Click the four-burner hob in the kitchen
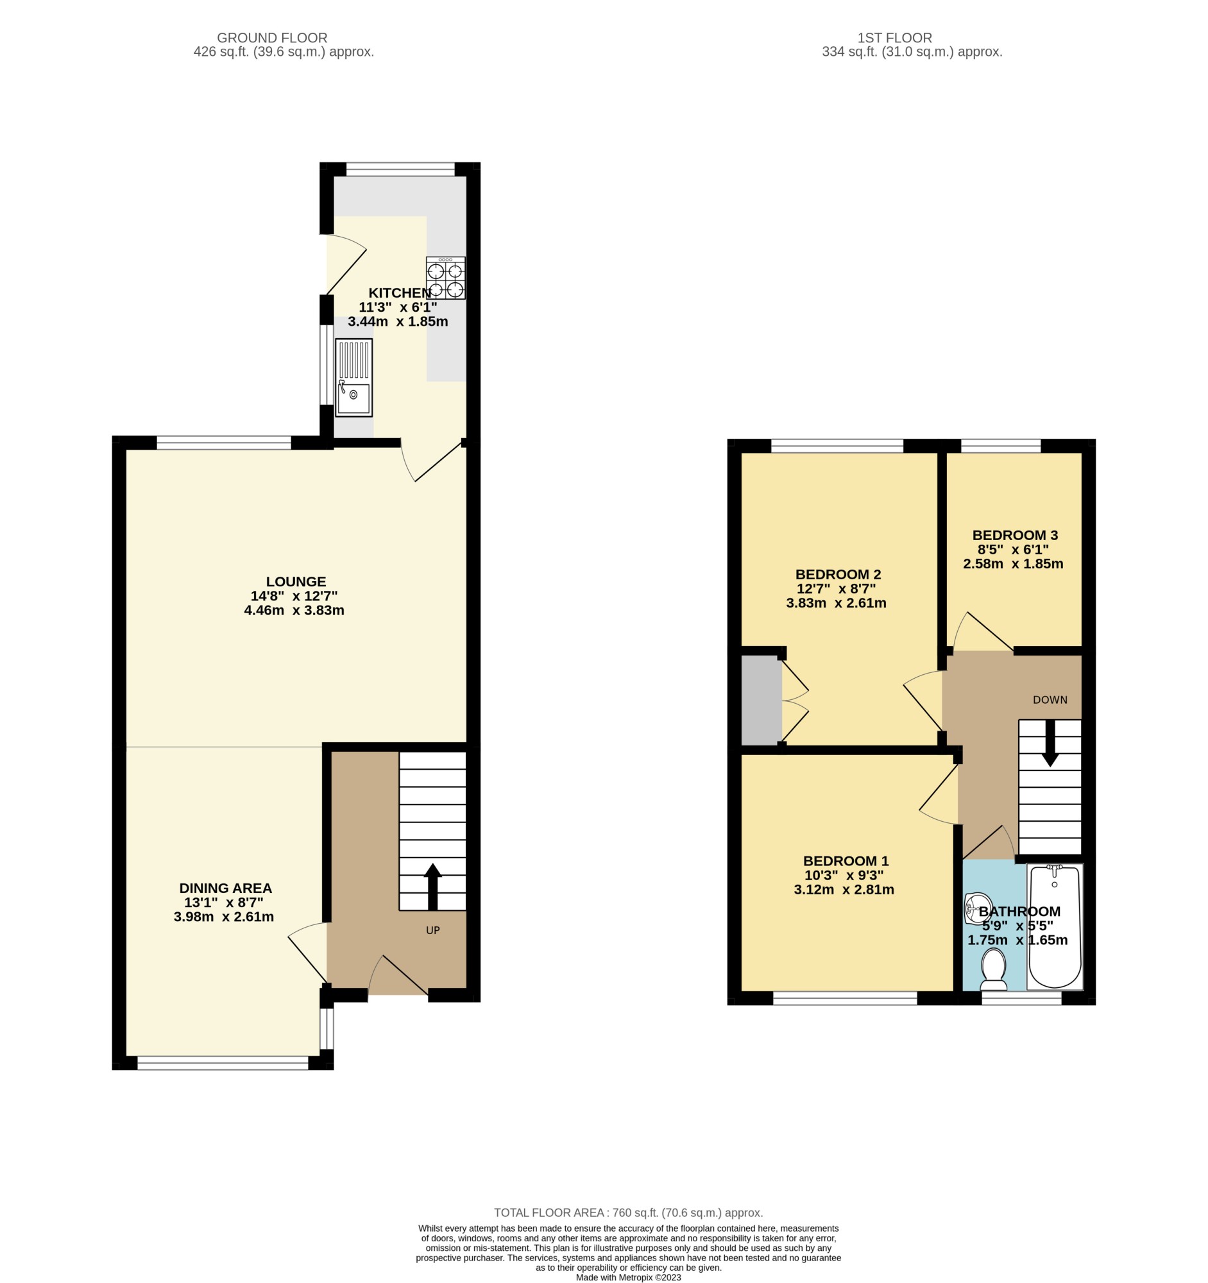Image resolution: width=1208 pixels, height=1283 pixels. [445, 278]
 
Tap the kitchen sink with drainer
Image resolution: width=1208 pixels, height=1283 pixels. [353, 378]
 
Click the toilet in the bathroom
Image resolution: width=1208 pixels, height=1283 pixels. [993, 971]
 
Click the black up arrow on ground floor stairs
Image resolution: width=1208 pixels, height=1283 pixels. [432, 886]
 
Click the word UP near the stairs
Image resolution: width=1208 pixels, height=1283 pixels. [433, 930]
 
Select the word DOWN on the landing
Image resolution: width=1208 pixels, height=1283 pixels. [1050, 700]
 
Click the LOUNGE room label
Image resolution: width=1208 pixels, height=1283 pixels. [296, 581]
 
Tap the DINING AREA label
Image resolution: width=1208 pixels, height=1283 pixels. [225, 888]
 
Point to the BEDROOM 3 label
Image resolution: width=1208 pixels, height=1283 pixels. [1015, 535]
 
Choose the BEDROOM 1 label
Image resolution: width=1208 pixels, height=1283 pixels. [846, 861]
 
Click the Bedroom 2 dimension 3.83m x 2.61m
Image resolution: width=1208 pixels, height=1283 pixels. [837, 604]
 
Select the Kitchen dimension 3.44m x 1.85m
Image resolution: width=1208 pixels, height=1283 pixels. [398, 321]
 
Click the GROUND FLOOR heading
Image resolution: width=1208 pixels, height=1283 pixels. [272, 38]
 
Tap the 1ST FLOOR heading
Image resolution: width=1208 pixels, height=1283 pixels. [894, 38]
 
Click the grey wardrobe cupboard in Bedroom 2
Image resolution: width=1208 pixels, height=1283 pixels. [761, 701]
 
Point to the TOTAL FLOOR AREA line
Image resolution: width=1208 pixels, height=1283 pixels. [629, 1212]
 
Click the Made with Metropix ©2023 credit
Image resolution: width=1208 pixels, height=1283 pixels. [629, 1277]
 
